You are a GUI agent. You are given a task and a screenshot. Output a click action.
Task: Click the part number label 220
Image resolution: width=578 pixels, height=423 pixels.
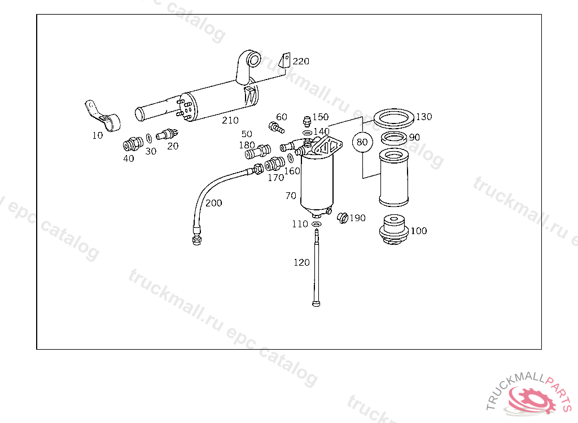[x=301, y=61]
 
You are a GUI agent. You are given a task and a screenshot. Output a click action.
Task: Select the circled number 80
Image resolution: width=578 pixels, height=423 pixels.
[x=362, y=142]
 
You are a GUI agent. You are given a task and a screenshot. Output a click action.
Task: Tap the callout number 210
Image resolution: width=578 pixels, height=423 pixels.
[x=230, y=120]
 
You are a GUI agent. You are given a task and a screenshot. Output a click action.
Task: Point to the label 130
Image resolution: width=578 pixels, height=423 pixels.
[x=423, y=117]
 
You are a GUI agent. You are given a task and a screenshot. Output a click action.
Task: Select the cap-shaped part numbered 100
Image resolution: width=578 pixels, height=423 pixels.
[x=394, y=229]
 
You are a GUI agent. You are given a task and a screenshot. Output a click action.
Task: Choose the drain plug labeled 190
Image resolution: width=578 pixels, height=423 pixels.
[x=341, y=218]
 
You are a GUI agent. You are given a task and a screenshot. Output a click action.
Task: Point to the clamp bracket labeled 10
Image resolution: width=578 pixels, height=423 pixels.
[x=104, y=117]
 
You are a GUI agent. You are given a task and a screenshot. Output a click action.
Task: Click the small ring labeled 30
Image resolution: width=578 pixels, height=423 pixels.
[x=148, y=138]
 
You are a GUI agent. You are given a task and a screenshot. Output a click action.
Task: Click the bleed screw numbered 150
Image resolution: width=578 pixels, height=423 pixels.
[x=306, y=121]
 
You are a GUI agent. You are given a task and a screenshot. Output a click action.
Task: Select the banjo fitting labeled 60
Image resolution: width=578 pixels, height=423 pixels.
[x=275, y=127]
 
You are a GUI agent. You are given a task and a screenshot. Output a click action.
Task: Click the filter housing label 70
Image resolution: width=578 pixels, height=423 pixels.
[x=291, y=196]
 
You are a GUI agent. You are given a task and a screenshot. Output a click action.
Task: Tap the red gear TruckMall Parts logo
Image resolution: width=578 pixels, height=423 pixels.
[x=531, y=398]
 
